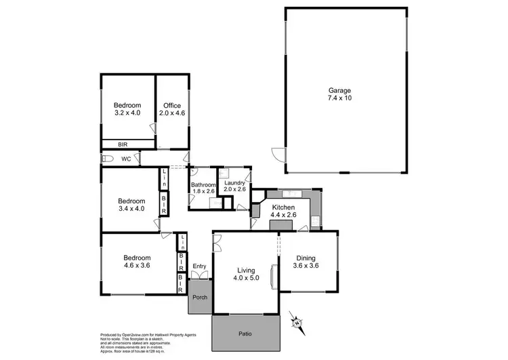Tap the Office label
click(171, 105)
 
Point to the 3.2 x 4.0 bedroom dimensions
click(127, 113)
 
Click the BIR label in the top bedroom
click(124, 144)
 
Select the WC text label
click(126, 159)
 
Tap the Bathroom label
click(203, 184)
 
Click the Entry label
click(199, 266)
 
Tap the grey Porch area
click(200, 297)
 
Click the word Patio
click(245, 333)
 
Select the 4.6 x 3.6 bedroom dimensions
click(136, 266)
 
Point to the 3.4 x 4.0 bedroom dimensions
click(131, 209)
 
